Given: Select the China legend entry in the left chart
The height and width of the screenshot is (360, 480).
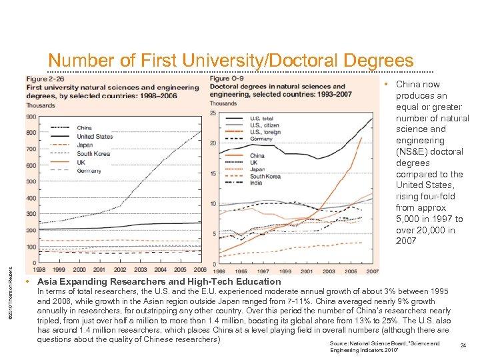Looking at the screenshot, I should pyautogui.click(x=84, y=127).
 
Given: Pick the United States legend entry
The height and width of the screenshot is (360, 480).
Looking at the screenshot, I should pyautogui.click(x=94, y=136).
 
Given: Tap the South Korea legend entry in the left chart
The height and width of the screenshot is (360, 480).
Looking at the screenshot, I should pyautogui.click(x=93, y=153).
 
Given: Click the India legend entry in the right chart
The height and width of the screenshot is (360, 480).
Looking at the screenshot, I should pyautogui.click(x=256, y=182).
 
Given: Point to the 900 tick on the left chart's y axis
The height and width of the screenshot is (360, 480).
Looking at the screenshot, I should pyautogui.click(x=31, y=117).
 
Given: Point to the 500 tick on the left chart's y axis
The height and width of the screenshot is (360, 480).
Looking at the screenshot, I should pyautogui.click(x=31, y=182).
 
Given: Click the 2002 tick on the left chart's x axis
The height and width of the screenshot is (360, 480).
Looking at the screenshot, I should pyautogui.click(x=120, y=270).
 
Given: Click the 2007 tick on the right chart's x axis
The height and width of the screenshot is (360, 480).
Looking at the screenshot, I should pyautogui.click(x=371, y=271).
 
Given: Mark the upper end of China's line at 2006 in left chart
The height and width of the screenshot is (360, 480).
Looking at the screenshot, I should pyautogui.click(x=201, y=131).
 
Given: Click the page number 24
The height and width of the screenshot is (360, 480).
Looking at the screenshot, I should pyautogui.click(x=463, y=345).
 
